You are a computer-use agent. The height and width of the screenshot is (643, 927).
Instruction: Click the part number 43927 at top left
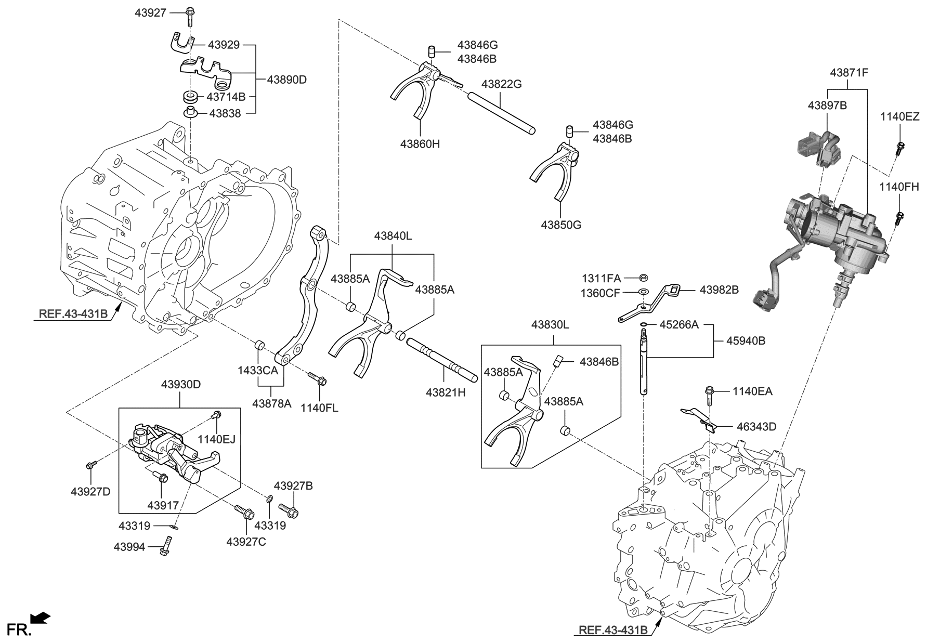pos(151,12)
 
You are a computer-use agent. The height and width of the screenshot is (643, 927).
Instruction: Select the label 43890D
pos(287,80)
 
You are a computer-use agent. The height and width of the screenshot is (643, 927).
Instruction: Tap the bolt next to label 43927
pos(189,16)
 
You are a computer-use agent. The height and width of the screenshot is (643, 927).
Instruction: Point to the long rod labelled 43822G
pos(501,111)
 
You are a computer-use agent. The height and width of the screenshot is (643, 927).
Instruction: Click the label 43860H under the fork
pos(420,144)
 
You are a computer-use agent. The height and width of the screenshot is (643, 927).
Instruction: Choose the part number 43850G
pos(561,225)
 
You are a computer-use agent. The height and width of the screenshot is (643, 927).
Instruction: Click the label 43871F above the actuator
pos(849,73)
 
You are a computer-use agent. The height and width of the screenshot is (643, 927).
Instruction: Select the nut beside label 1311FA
pos(643,277)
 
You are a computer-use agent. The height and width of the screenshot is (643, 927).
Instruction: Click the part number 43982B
pos(719,290)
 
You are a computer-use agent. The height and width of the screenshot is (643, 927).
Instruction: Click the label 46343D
pos(756,427)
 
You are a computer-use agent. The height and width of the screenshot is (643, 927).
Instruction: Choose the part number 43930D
pos(180,385)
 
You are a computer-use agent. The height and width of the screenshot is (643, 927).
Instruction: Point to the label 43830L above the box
pos(550,325)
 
